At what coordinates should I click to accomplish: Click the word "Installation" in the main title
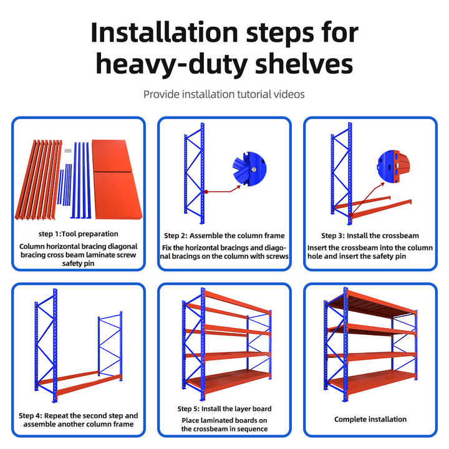click(x=164, y=32)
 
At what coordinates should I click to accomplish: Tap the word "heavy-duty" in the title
click(x=171, y=64)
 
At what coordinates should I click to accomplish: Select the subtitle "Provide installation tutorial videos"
click(x=224, y=94)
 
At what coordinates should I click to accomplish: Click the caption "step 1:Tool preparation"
click(x=78, y=234)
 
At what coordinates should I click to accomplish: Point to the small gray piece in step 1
click(x=68, y=151)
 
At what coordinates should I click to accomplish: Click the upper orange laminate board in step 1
click(x=112, y=156)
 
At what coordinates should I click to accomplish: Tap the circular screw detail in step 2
click(x=249, y=169)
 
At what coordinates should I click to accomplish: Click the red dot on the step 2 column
click(x=206, y=191)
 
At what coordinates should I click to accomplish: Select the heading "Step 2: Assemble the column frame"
click(x=224, y=235)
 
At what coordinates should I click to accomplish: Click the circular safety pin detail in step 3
click(x=393, y=166)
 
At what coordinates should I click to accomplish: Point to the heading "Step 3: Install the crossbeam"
click(x=370, y=235)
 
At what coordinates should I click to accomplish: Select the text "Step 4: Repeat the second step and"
click(x=78, y=415)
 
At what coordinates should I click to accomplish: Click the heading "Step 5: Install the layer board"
click(x=224, y=408)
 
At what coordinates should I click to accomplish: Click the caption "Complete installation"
click(x=370, y=419)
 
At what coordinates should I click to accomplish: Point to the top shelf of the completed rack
click(x=372, y=304)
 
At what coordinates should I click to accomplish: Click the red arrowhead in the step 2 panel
click(x=238, y=188)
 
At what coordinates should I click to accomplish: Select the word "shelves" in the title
click(x=304, y=64)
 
